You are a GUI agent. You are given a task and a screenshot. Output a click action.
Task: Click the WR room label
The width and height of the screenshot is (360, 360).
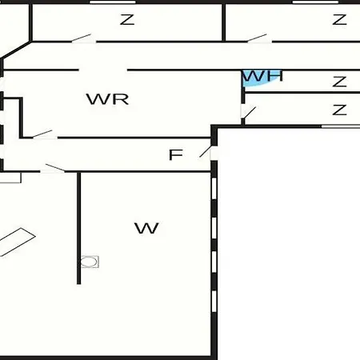[x=107, y=99]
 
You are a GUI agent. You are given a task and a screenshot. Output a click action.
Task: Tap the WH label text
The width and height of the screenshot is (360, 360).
[x=262, y=76]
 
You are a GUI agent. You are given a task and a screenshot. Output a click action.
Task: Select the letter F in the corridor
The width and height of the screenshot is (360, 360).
[x=176, y=154]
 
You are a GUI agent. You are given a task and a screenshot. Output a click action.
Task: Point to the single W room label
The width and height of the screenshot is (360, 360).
[x=146, y=228]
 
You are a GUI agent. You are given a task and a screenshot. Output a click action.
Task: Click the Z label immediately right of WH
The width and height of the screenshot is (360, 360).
[x=339, y=82]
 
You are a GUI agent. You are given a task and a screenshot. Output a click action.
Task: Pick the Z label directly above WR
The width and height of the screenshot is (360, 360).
[x=127, y=20]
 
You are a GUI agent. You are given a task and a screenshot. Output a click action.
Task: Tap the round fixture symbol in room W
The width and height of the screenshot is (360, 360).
[x=90, y=262]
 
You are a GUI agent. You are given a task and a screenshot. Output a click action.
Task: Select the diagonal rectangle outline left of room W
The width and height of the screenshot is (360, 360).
[x=17, y=242]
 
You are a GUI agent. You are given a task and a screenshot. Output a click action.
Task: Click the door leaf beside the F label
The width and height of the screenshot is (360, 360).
[x=206, y=151]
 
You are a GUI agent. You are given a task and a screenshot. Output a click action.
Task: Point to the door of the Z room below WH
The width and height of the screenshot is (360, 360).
[x=250, y=113]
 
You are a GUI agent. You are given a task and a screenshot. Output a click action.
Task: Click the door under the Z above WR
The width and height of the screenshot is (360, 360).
[x=82, y=38]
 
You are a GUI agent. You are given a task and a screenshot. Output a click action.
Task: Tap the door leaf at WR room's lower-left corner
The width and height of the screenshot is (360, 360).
[x=42, y=134]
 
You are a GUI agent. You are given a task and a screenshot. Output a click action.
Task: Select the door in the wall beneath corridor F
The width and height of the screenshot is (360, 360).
[x=55, y=168]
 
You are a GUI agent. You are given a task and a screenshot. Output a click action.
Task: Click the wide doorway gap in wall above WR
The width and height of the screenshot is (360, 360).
[x=103, y=70]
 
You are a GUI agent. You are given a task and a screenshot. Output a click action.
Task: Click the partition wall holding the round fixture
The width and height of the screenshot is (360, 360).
[x=78, y=228]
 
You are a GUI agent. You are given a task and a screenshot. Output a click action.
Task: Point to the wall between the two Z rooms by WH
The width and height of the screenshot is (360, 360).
[x=302, y=93]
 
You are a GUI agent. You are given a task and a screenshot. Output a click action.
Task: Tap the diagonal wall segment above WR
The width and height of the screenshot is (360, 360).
[x=16, y=50]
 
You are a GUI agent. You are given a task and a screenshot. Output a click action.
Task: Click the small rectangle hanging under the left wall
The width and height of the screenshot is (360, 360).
[x=10, y=178]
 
